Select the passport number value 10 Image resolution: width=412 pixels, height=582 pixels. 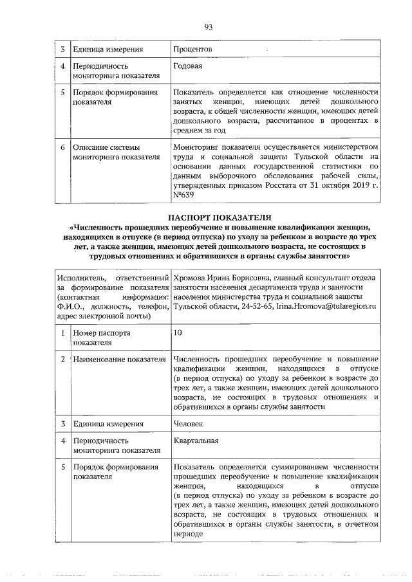pyautogui.click(x=178, y=334)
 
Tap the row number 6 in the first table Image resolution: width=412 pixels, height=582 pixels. pyautogui.click(x=62, y=147)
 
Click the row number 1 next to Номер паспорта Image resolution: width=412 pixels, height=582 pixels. pyautogui.click(x=62, y=334)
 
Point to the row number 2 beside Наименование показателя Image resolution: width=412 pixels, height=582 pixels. pyautogui.click(x=62, y=358)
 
